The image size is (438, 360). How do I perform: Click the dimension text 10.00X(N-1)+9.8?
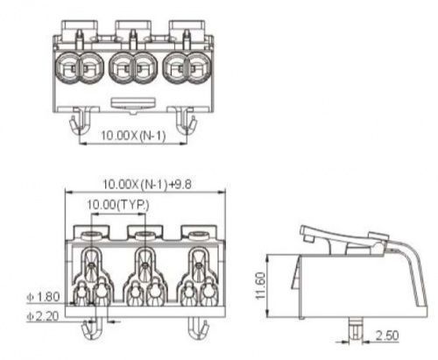[147, 184]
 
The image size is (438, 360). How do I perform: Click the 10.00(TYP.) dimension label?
[118, 205]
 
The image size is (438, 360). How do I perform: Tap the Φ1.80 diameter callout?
[43, 297]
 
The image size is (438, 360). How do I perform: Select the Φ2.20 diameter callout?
[43, 316]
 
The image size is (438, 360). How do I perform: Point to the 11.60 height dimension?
[260, 286]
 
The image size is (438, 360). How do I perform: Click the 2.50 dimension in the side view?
[387, 335]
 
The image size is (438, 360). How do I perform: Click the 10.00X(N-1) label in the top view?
[133, 136]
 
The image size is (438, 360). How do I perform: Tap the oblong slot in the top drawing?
[133, 102]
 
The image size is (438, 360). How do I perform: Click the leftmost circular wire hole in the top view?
[67, 67]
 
